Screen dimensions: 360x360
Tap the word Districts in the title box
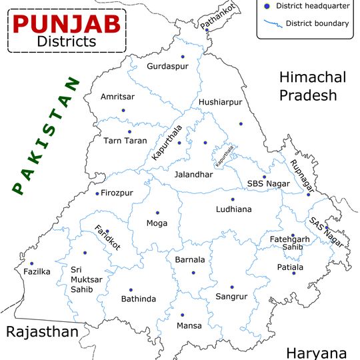(x=66, y=41)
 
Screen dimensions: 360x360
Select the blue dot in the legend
(x=267, y=6)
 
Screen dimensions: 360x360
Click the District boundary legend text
(x=317, y=24)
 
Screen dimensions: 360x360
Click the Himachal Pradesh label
(x=313, y=86)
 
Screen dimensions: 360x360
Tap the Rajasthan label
(x=41, y=332)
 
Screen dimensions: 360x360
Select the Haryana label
(x=316, y=353)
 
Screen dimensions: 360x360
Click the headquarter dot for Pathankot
(x=207, y=30)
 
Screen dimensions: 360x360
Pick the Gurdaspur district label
(x=167, y=67)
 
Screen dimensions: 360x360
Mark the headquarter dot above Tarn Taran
(x=130, y=132)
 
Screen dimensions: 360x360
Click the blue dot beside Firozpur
(x=97, y=193)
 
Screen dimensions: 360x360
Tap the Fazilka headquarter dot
(x=31, y=263)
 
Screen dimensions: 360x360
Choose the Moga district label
(x=157, y=223)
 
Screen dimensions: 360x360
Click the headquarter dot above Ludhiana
(x=233, y=199)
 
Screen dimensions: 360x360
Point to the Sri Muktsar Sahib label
(x=87, y=279)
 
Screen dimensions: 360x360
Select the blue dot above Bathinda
(x=131, y=290)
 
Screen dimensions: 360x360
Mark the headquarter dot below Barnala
(x=193, y=273)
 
